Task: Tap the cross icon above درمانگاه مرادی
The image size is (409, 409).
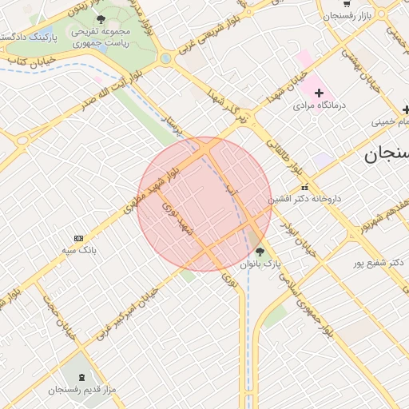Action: [x=320, y=93]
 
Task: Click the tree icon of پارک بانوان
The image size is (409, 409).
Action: [x=259, y=252]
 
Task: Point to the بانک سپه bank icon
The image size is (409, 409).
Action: [x=78, y=238]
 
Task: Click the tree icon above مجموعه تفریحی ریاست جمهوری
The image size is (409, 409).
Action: [x=100, y=19]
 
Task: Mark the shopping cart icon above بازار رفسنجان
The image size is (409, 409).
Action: [x=330, y=15]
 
